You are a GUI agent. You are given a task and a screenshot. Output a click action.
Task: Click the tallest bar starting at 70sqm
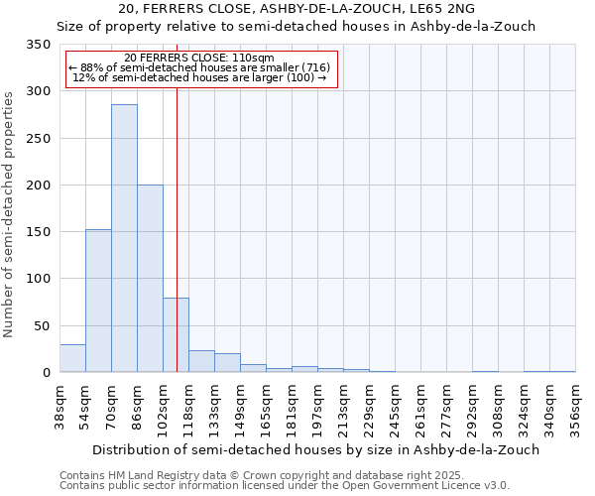(x=124, y=238)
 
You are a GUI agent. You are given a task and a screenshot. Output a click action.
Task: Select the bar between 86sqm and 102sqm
(x=150, y=279)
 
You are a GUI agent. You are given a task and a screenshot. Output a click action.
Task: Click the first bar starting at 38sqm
(x=72, y=358)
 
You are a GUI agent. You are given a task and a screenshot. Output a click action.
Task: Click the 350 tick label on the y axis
(x=38, y=45)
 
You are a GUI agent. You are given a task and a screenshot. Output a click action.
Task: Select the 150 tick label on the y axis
(x=38, y=232)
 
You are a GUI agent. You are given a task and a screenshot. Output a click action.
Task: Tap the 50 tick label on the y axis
(x=42, y=325)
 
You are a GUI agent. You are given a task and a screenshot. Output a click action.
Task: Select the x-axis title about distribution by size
(x=298, y=449)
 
